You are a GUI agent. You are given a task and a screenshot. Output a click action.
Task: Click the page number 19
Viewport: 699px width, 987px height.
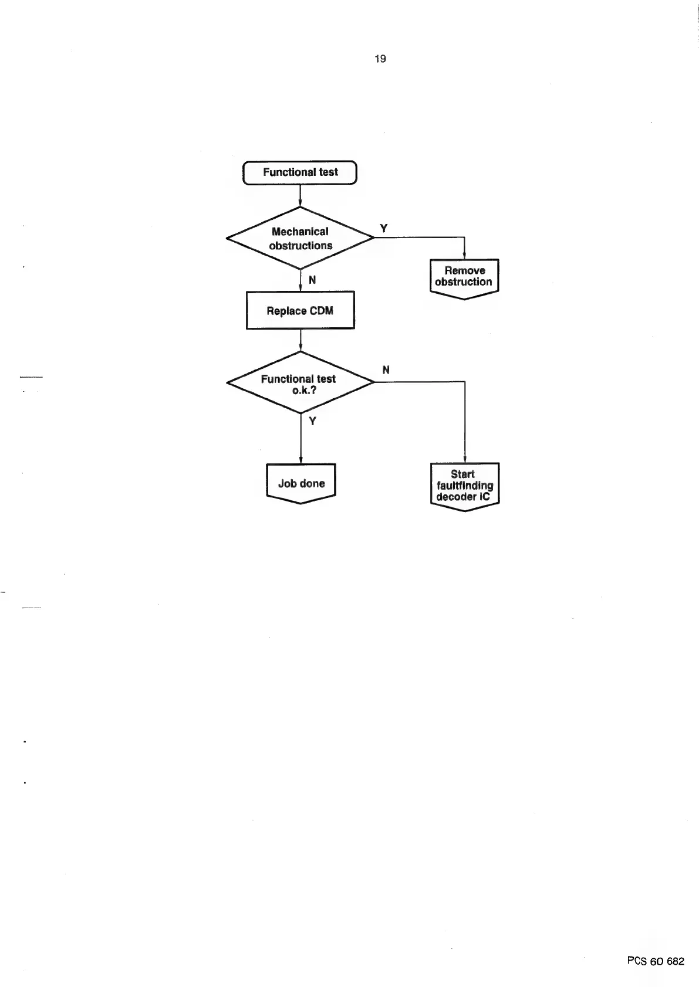380,59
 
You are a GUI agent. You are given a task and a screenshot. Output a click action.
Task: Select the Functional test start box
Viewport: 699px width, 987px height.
300,172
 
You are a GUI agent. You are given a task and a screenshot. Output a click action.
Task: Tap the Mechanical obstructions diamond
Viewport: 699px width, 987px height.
300,238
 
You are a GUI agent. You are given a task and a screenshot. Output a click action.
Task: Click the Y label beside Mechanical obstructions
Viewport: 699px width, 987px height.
384,229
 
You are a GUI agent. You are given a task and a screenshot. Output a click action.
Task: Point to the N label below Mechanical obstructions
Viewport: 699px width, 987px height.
312,280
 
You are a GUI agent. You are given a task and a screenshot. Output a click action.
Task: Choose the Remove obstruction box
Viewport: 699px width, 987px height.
464,277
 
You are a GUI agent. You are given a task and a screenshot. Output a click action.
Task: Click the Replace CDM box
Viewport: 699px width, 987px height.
300,310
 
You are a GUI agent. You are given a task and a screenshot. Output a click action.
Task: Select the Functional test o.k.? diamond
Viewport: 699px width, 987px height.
300,383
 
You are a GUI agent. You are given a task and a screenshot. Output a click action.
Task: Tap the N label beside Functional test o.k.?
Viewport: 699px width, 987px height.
386,370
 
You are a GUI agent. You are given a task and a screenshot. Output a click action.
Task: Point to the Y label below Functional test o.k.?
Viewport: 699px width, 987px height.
312,421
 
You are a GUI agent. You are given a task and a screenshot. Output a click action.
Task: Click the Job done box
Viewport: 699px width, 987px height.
301,483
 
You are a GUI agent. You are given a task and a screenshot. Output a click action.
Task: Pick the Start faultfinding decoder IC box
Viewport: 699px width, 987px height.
464,485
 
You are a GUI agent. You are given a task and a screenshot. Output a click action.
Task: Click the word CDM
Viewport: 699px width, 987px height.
321,311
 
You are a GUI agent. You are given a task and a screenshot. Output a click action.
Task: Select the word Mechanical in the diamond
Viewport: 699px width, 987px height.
300,232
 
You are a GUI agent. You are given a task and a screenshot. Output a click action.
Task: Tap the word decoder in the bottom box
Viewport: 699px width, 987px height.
455,497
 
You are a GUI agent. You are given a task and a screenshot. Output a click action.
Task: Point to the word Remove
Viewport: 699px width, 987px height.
465,270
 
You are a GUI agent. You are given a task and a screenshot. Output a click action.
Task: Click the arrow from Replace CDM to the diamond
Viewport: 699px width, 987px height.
300,340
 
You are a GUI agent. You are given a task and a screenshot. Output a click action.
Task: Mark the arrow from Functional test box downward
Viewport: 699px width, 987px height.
300,196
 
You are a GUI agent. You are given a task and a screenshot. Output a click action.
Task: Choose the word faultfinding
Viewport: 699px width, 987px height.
465,486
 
